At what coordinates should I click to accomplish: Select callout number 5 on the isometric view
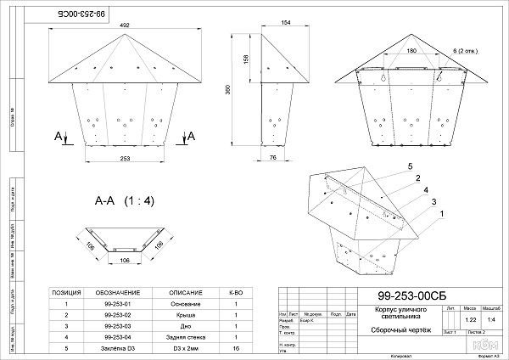pos(409,165)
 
